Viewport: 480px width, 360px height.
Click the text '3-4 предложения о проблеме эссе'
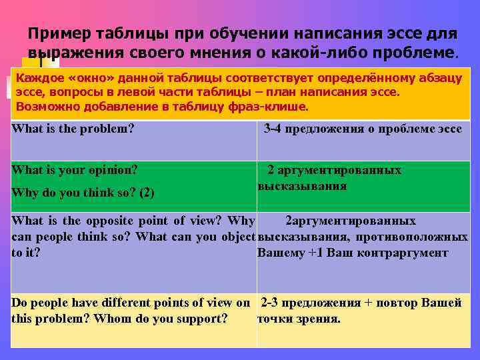click(363, 129)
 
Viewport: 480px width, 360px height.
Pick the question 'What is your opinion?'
click(75, 170)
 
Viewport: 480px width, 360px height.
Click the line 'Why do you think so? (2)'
click(83, 193)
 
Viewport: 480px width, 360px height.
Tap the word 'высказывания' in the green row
click(302, 186)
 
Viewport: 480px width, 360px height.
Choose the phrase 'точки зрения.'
click(299, 319)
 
